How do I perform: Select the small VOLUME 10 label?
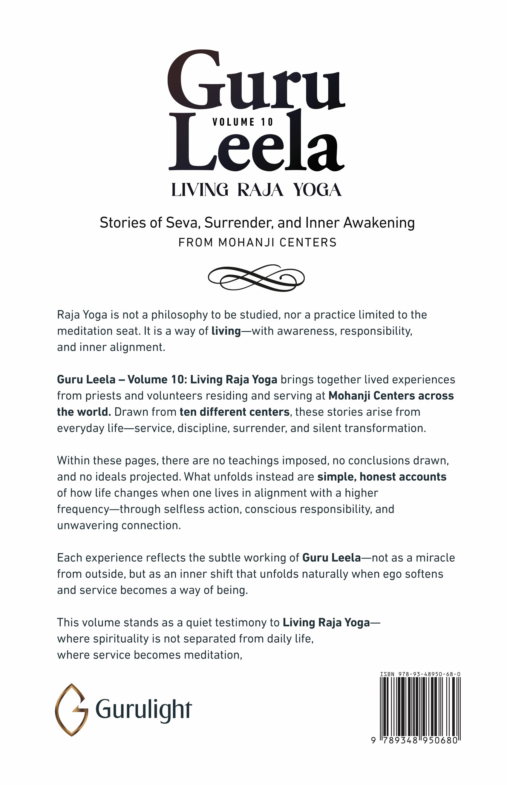point(243,122)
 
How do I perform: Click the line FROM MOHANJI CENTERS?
point(258,243)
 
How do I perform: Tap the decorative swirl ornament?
point(256,278)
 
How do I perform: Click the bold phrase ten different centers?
point(235,412)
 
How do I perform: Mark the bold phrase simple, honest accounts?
point(382,477)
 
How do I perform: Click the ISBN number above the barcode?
point(420,674)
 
